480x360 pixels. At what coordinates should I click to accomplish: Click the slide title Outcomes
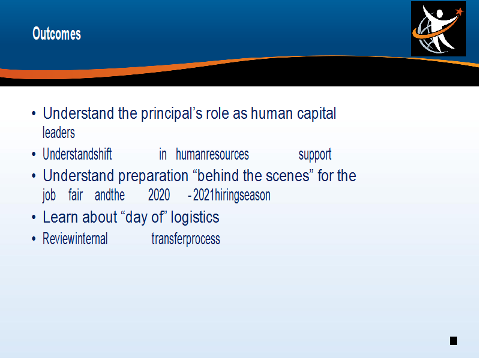[56, 34]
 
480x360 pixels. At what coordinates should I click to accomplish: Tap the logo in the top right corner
[439, 29]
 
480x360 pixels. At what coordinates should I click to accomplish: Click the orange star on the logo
[460, 11]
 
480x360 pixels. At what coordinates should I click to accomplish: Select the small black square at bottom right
[454, 341]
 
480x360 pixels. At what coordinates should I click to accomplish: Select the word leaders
[59, 133]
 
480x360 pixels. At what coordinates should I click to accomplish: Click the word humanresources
[212, 154]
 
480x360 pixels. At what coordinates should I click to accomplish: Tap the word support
[315, 155]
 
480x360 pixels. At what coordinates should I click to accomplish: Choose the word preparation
[154, 176]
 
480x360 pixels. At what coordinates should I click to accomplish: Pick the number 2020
[159, 196]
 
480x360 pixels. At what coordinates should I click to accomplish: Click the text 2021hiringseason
[232, 196]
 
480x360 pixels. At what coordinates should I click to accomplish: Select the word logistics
[195, 218]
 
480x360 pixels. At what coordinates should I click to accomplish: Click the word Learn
[61, 217]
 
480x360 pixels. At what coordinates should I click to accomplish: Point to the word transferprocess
[186, 239]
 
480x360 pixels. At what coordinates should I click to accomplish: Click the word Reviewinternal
[75, 239]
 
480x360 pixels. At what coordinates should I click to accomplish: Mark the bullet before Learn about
[34, 217]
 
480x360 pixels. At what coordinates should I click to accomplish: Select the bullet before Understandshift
[34, 154]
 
